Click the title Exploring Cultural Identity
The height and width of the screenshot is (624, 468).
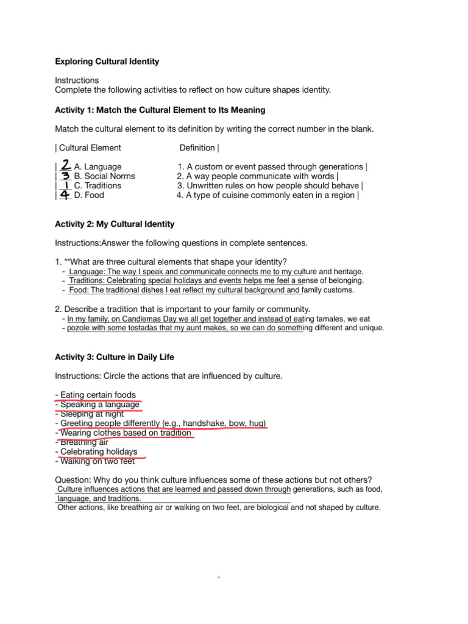click(107, 61)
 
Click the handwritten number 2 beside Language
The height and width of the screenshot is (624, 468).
click(66, 165)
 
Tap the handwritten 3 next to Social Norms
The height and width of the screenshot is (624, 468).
click(66, 175)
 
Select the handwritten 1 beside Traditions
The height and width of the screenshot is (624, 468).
click(66, 185)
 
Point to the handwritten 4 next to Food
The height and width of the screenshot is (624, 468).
click(65, 195)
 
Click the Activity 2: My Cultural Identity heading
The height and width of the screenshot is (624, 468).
click(115, 224)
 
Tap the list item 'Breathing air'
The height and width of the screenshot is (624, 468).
click(86, 442)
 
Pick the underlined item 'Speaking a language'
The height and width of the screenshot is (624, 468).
click(100, 405)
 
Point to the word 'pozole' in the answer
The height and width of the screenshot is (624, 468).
click(79, 328)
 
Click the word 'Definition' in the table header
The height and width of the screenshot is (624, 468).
click(197, 147)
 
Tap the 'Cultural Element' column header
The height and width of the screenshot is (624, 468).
click(90, 147)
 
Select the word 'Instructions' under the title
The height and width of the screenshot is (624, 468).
click(77, 80)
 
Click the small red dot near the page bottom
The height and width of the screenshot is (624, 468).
click(218, 576)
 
